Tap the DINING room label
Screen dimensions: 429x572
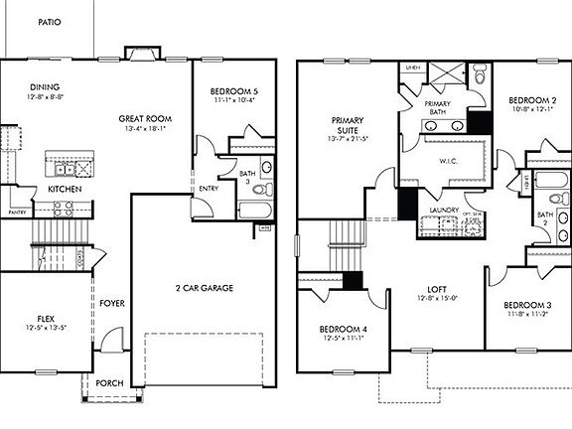[x=44, y=86]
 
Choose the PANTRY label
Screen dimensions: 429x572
[x=17, y=212]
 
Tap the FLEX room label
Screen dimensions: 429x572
[x=41, y=320]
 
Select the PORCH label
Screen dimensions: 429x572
[x=109, y=383]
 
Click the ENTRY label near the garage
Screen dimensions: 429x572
[x=209, y=188]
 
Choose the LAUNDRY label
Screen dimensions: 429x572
[x=442, y=210]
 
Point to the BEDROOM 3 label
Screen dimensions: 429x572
[x=527, y=304]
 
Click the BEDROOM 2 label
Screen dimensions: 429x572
[x=531, y=100]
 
